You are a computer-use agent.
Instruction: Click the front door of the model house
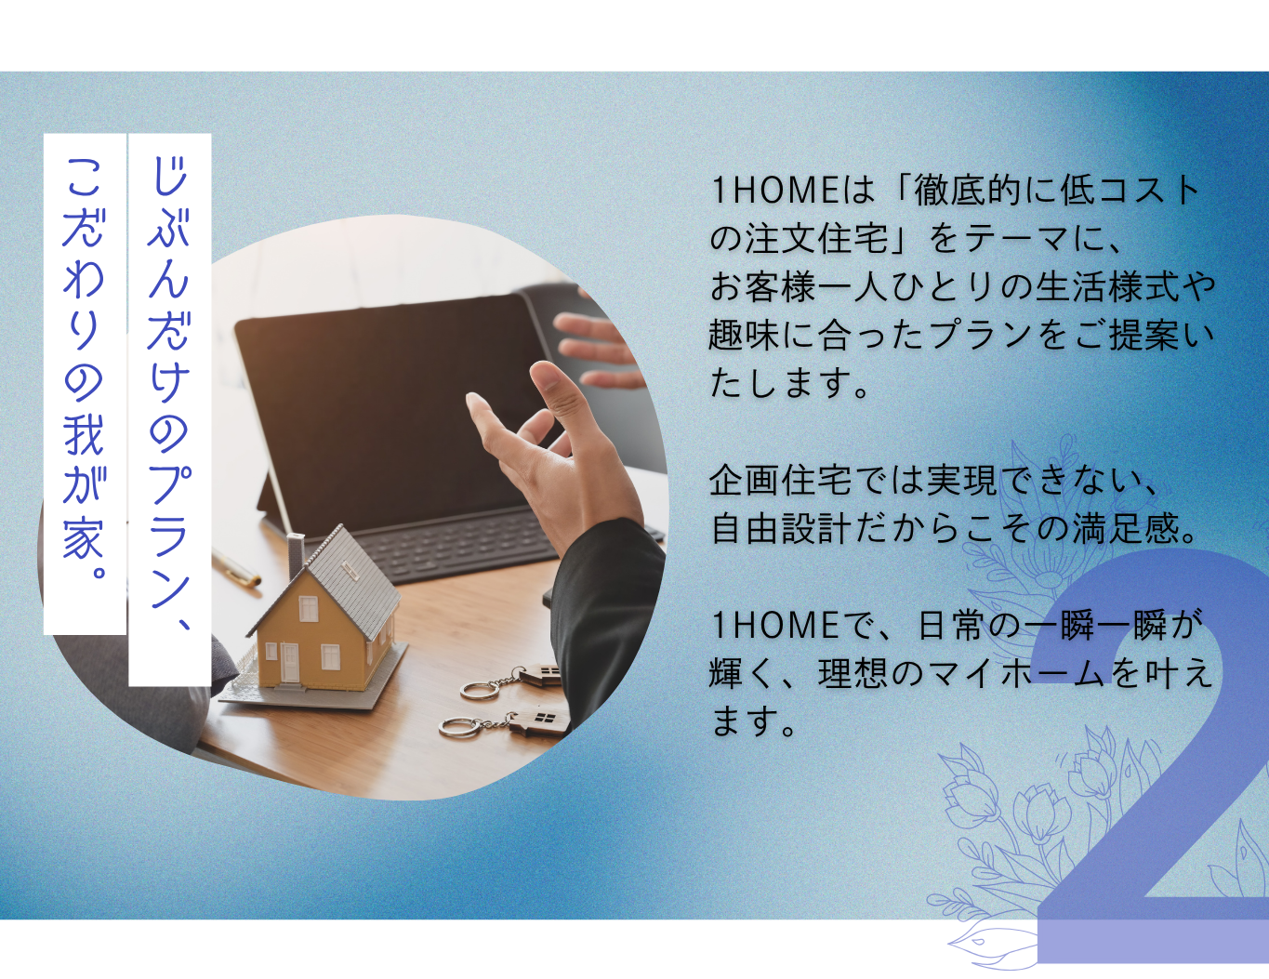[290, 664]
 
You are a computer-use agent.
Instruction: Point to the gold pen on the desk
[236, 567]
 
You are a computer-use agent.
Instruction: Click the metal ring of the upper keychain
[480, 691]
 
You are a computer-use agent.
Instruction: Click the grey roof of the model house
[350, 578]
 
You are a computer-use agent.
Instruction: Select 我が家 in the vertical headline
[84, 487]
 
